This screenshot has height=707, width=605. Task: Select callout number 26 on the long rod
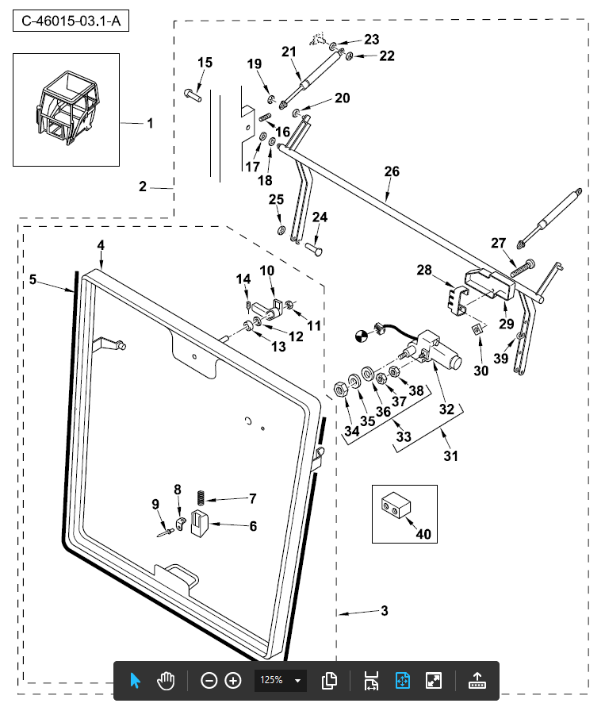pos(392,171)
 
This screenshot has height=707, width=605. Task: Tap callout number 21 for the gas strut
pos(289,52)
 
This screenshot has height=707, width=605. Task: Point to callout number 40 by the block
pos(423,534)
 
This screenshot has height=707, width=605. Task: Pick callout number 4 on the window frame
pos(101,245)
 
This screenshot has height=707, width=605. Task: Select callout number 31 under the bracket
pos(450,456)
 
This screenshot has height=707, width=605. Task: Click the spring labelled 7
pos(201,499)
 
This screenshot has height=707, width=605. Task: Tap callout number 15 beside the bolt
pos(205,63)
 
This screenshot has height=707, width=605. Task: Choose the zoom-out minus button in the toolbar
pos(209,681)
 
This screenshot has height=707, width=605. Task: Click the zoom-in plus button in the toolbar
pos(233,681)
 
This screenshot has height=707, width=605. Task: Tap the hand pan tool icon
pos(165,681)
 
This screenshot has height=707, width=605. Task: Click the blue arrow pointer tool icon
pos(135,681)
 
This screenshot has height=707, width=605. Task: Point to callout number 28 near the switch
pos(424,271)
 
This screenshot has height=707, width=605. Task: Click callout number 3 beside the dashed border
pos(384,610)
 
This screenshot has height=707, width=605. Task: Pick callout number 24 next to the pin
pos(320,217)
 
